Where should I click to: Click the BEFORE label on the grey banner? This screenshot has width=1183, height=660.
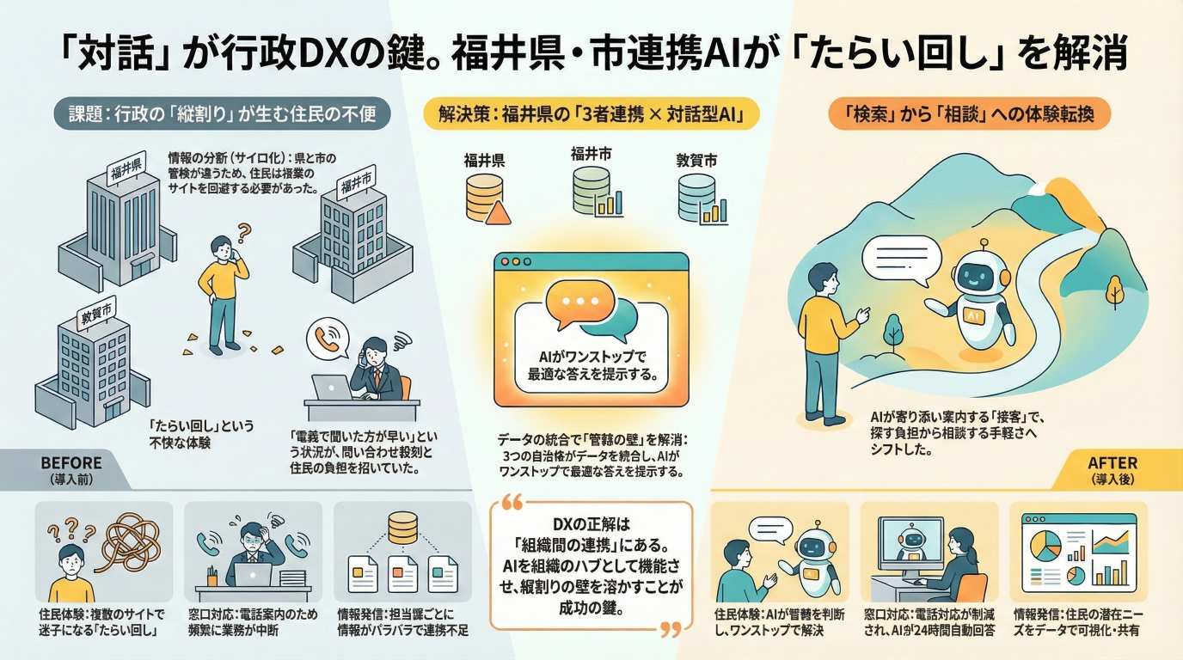click(71, 462)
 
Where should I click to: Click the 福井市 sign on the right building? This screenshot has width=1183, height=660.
click(356, 184)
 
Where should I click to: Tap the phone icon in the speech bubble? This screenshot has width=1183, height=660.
click(326, 337)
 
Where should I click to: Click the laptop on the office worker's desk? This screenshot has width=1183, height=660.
click(332, 388)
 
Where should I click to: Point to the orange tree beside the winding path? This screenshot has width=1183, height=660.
click(1115, 289)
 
